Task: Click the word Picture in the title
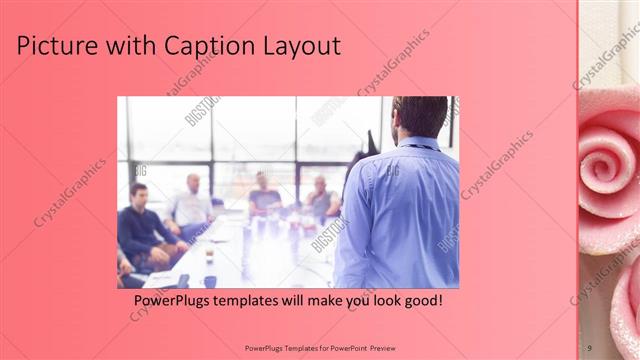(56, 46)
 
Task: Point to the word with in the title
(128, 46)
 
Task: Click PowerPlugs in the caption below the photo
(174, 300)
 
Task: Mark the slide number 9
(589, 347)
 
